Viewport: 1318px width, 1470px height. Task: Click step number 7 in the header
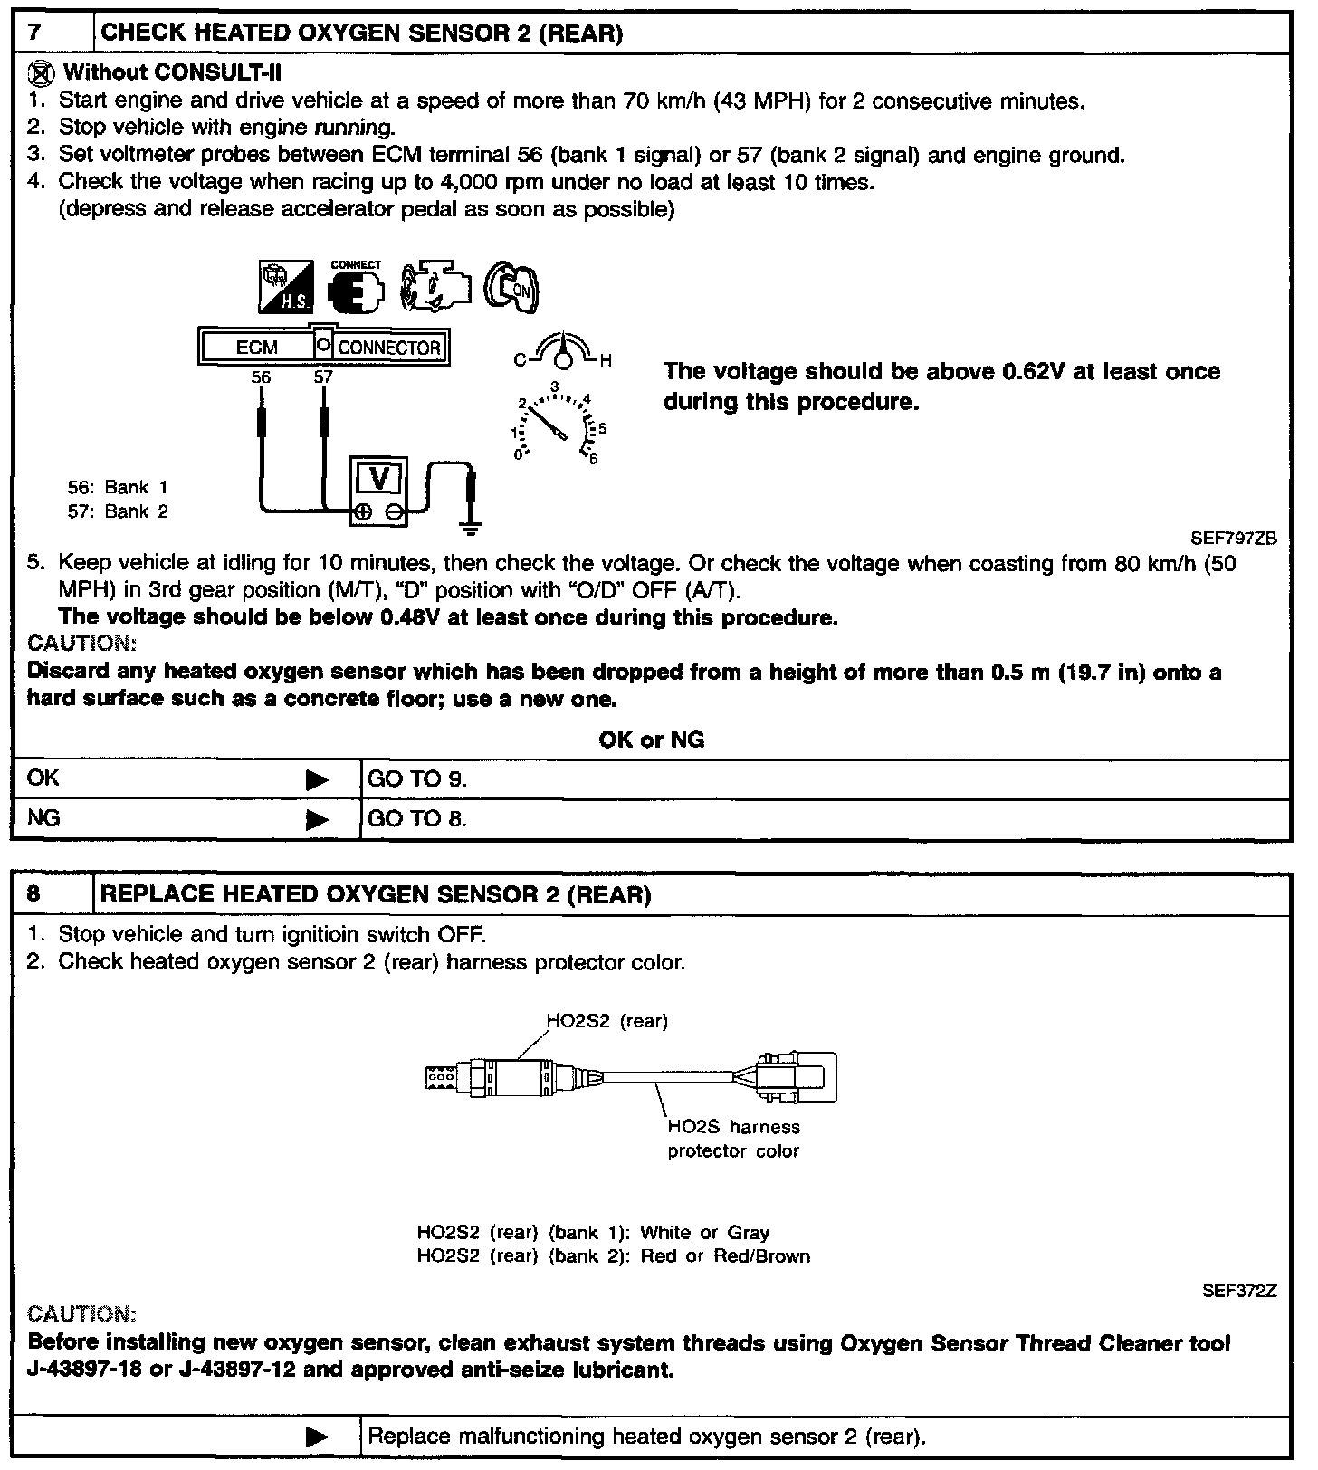pyautogui.click(x=34, y=33)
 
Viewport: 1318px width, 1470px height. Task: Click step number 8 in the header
pyautogui.click(x=34, y=895)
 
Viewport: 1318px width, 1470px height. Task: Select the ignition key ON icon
pyautogui.click(x=511, y=289)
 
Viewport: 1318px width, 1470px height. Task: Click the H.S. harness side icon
pyautogui.click(x=286, y=287)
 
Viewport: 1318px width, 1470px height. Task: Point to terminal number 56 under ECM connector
pyautogui.click(x=261, y=377)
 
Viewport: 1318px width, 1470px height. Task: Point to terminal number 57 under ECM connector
pyautogui.click(x=323, y=377)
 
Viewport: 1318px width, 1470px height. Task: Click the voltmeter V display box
pyautogui.click(x=379, y=477)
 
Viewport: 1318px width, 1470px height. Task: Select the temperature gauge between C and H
pyautogui.click(x=563, y=353)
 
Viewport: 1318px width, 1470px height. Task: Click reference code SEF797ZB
pyautogui.click(x=1233, y=538)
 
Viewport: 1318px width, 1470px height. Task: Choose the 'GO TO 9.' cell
pyautogui.click(x=417, y=779)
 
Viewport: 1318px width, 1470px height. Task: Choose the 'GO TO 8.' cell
pyautogui.click(x=417, y=819)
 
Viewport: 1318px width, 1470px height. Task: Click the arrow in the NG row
pyautogui.click(x=317, y=820)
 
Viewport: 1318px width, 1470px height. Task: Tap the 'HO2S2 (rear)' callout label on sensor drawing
pyautogui.click(x=607, y=1021)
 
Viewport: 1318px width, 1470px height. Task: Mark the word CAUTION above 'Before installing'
pyautogui.click(x=82, y=1313)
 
